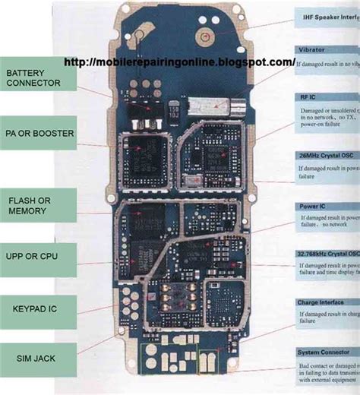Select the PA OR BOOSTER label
pos(38,133)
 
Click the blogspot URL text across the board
pos(179,62)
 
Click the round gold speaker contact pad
pos(203,35)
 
